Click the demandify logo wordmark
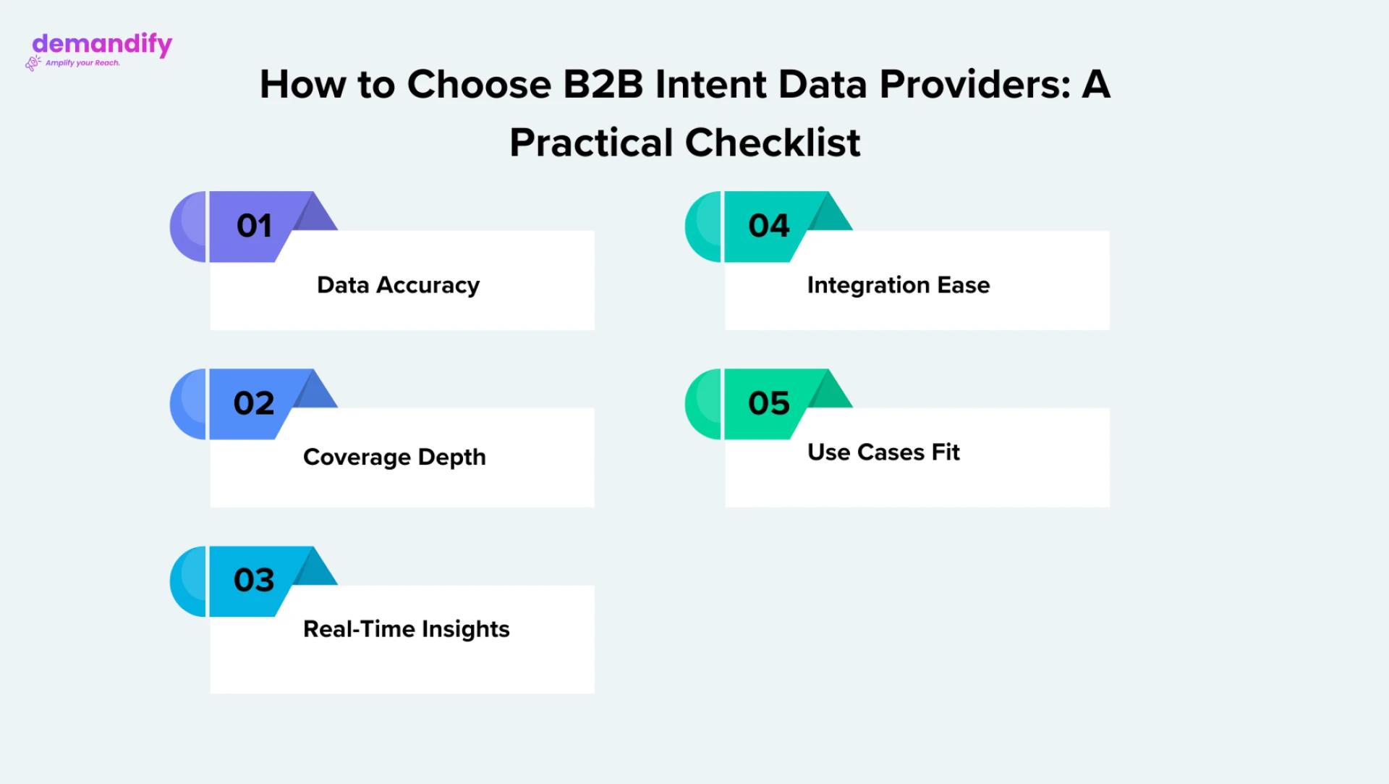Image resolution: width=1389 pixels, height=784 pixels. click(x=102, y=44)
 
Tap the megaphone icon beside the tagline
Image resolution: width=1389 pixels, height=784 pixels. click(x=33, y=64)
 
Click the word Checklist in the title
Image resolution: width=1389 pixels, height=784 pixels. click(x=773, y=142)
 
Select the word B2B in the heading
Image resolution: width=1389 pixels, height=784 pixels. click(x=603, y=84)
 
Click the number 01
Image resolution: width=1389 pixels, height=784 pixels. click(x=254, y=226)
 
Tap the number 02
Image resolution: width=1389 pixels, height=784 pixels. click(x=254, y=403)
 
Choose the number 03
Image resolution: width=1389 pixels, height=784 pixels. click(x=254, y=580)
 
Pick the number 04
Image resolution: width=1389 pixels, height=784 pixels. click(x=769, y=226)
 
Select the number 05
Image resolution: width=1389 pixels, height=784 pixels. click(x=769, y=403)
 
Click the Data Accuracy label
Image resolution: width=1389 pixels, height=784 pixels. click(x=399, y=286)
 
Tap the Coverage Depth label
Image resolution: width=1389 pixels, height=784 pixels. click(x=394, y=458)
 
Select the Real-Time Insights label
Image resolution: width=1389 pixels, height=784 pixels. click(x=407, y=630)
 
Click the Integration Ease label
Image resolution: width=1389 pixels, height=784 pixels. click(x=899, y=286)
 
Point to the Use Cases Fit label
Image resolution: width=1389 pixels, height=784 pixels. click(x=883, y=452)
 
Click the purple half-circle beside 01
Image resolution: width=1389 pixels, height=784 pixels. click(x=188, y=227)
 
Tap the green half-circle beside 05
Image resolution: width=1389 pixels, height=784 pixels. click(x=703, y=404)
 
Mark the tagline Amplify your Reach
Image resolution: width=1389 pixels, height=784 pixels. click(x=82, y=64)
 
